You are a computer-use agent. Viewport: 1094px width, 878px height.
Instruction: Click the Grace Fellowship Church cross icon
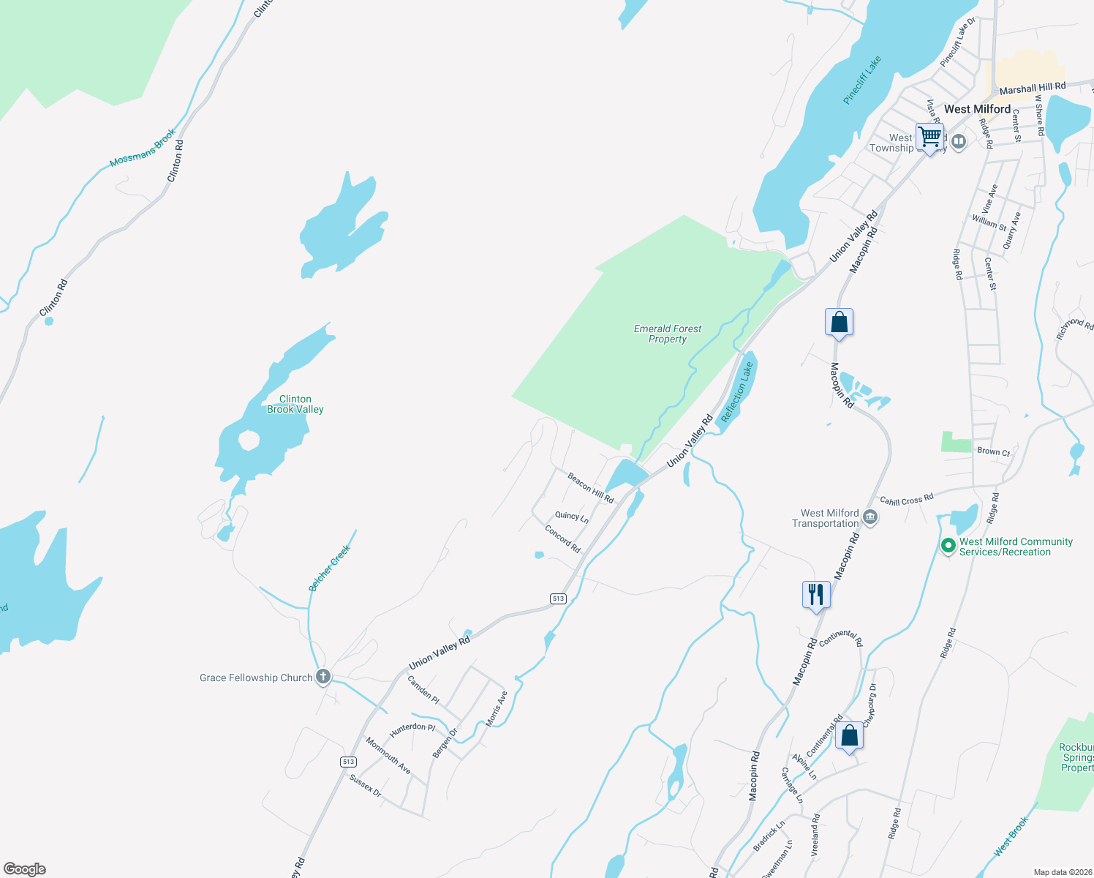point(322,676)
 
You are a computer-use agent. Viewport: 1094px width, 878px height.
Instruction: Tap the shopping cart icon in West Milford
point(929,137)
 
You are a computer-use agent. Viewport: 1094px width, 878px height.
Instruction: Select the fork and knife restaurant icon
point(816,593)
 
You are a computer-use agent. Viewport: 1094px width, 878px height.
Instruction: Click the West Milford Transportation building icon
point(870,517)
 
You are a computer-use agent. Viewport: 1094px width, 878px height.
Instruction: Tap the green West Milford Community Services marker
point(948,545)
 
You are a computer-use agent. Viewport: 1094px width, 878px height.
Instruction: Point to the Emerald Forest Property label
point(668,334)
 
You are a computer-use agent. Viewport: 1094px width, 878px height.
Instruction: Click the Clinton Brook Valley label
point(295,405)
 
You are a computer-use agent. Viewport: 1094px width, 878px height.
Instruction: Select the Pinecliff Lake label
point(862,80)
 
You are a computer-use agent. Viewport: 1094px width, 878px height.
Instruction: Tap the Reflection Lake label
point(737,392)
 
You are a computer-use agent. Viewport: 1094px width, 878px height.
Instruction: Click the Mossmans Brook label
point(143,149)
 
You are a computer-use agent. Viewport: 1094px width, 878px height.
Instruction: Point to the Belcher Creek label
point(330,568)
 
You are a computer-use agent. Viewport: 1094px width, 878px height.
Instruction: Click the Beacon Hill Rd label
point(590,488)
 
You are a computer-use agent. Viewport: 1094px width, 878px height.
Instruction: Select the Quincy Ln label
point(572,516)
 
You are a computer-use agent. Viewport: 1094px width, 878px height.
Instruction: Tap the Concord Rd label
point(562,539)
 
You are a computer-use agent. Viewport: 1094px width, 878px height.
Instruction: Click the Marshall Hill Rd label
point(1032,89)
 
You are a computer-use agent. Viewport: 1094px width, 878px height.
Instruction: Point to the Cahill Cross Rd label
point(907,500)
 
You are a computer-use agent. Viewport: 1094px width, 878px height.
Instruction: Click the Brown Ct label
point(993,451)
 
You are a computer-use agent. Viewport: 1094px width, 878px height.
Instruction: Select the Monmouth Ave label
point(388,756)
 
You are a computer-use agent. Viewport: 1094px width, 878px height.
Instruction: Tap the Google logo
point(25,869)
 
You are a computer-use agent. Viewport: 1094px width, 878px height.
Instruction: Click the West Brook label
point(1011,836)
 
